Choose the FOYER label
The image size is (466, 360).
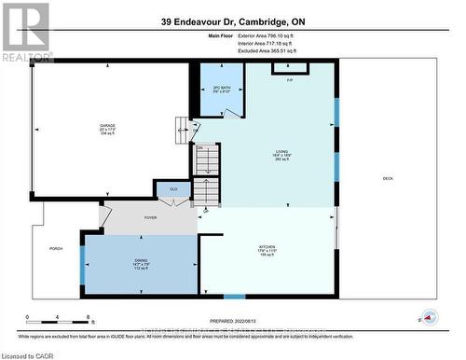(x=150, y=217)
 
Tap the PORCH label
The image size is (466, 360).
(x=56, y=249)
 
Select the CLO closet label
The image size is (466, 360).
(x=173, y=190)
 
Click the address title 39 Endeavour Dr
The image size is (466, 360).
(x=235, y=21)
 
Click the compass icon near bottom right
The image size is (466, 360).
(x=429, y=316)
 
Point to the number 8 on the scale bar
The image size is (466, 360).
(x=88, y=319)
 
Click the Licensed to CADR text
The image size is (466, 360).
(x=28, y=353)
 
